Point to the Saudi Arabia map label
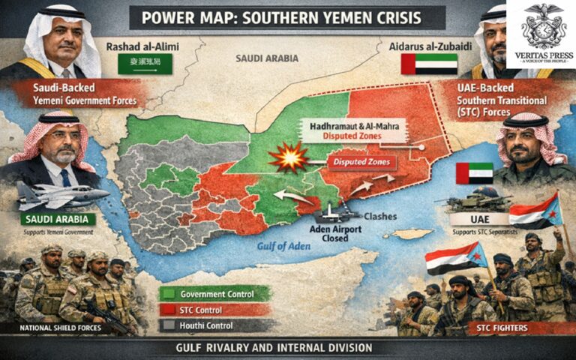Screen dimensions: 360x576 click(267, 58)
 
